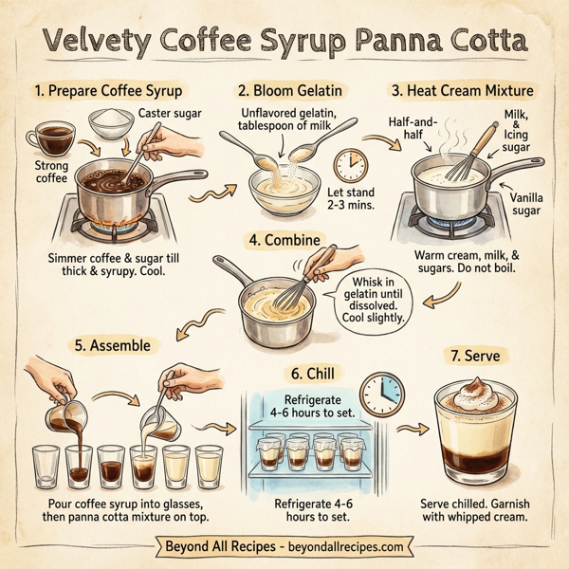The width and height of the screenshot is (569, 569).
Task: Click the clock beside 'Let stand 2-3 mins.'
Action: [x=351, y=162]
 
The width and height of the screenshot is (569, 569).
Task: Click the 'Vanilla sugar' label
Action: [x=528, y=202]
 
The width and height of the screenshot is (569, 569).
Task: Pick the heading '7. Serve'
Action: [x=477, y=358]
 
